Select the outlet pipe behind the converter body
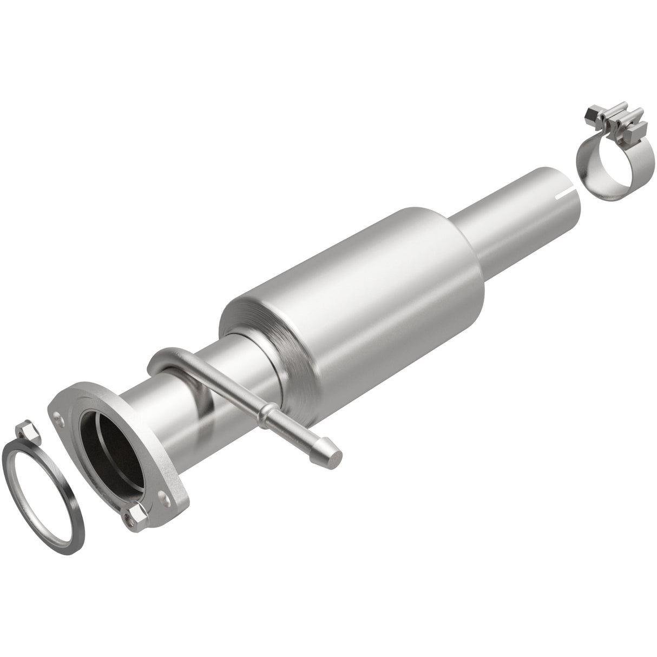520,206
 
